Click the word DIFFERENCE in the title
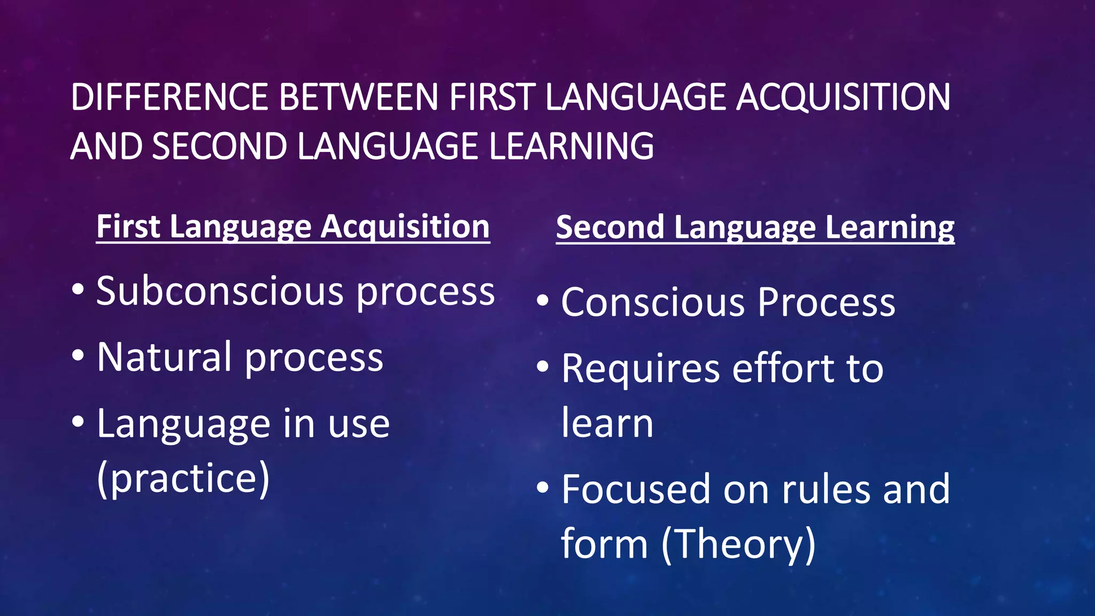pyautogui.click(x=169, y=97)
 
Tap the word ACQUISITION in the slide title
pyautogui.click(x=843, y=97)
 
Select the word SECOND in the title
pyautogui.click(x=219, y=146)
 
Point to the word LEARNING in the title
pyautogui.click(x=571, y=146)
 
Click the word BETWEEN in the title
pyautogui.click(x=359, y=97)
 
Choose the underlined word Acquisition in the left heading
pyautogui.click(x=405, y=227)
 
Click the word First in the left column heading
pyautogui.click(x=128, y=226)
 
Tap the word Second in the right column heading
pyautogui.click(x=609, y=227)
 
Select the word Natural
pyautogui.click(x=165, y=357)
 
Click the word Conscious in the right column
pyautogui.click(x=653, y=303)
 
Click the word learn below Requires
pyautogui.click(x=607, y=423)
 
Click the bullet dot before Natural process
pyautogui.click(x=78, y=355)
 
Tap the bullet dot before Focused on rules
pyautogui.click(x=543, y=487)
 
